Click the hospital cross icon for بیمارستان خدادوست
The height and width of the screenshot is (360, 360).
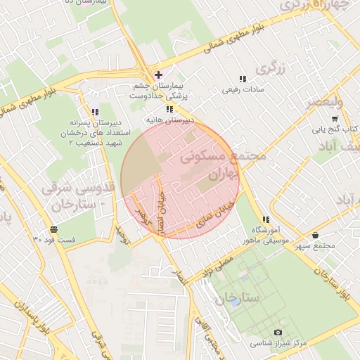tap(158, 75)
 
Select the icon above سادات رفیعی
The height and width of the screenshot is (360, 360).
tap(242, 79)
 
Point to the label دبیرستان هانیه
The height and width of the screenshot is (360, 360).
tap(169, 120)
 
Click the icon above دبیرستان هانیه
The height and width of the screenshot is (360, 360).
tap(169, 109)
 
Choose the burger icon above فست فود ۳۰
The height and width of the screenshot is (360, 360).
tap(54, 230)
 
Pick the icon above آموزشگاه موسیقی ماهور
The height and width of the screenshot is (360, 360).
tap(265, 219)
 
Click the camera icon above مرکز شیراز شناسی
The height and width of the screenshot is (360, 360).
tap(278, 332)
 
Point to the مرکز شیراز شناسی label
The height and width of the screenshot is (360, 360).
tap(279, 344)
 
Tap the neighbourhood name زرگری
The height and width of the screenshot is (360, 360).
tap(273, 68)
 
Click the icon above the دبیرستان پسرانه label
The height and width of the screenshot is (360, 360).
tap(95, 112)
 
